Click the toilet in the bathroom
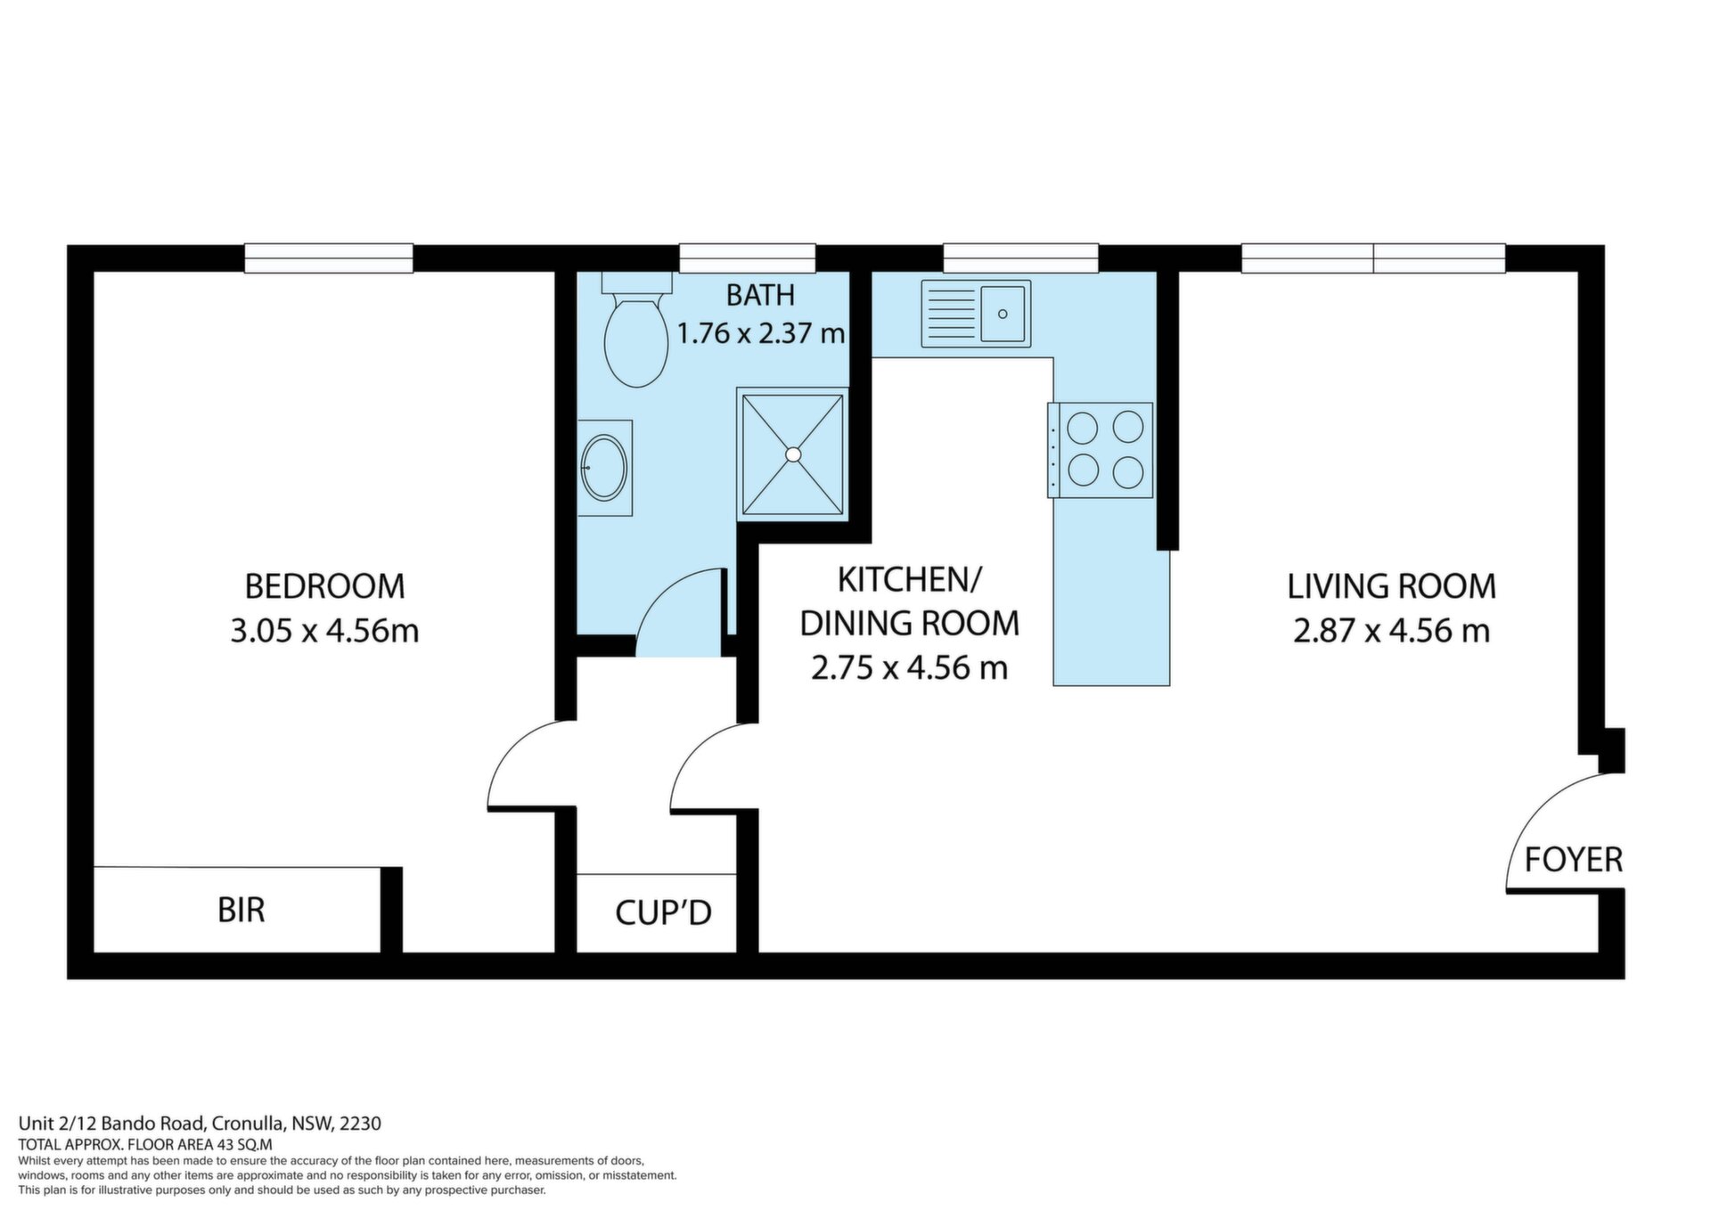pos(636,330)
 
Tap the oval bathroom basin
pos(604,467)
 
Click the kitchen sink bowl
pos(1003,314)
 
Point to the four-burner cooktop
pos(1101,450)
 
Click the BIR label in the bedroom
pos(242,911)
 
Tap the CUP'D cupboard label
pos(663,912)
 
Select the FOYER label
pos(1574,860)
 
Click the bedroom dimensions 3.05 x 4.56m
pos(325,631)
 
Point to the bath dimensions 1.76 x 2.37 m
pos(761,333)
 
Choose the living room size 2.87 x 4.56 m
pos(1391,631)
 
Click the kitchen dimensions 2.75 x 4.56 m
pos(909,667)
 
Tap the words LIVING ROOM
pos(1391,586)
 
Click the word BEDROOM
pos(325,586)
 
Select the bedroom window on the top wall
pos(329,258)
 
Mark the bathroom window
pos(747,258)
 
